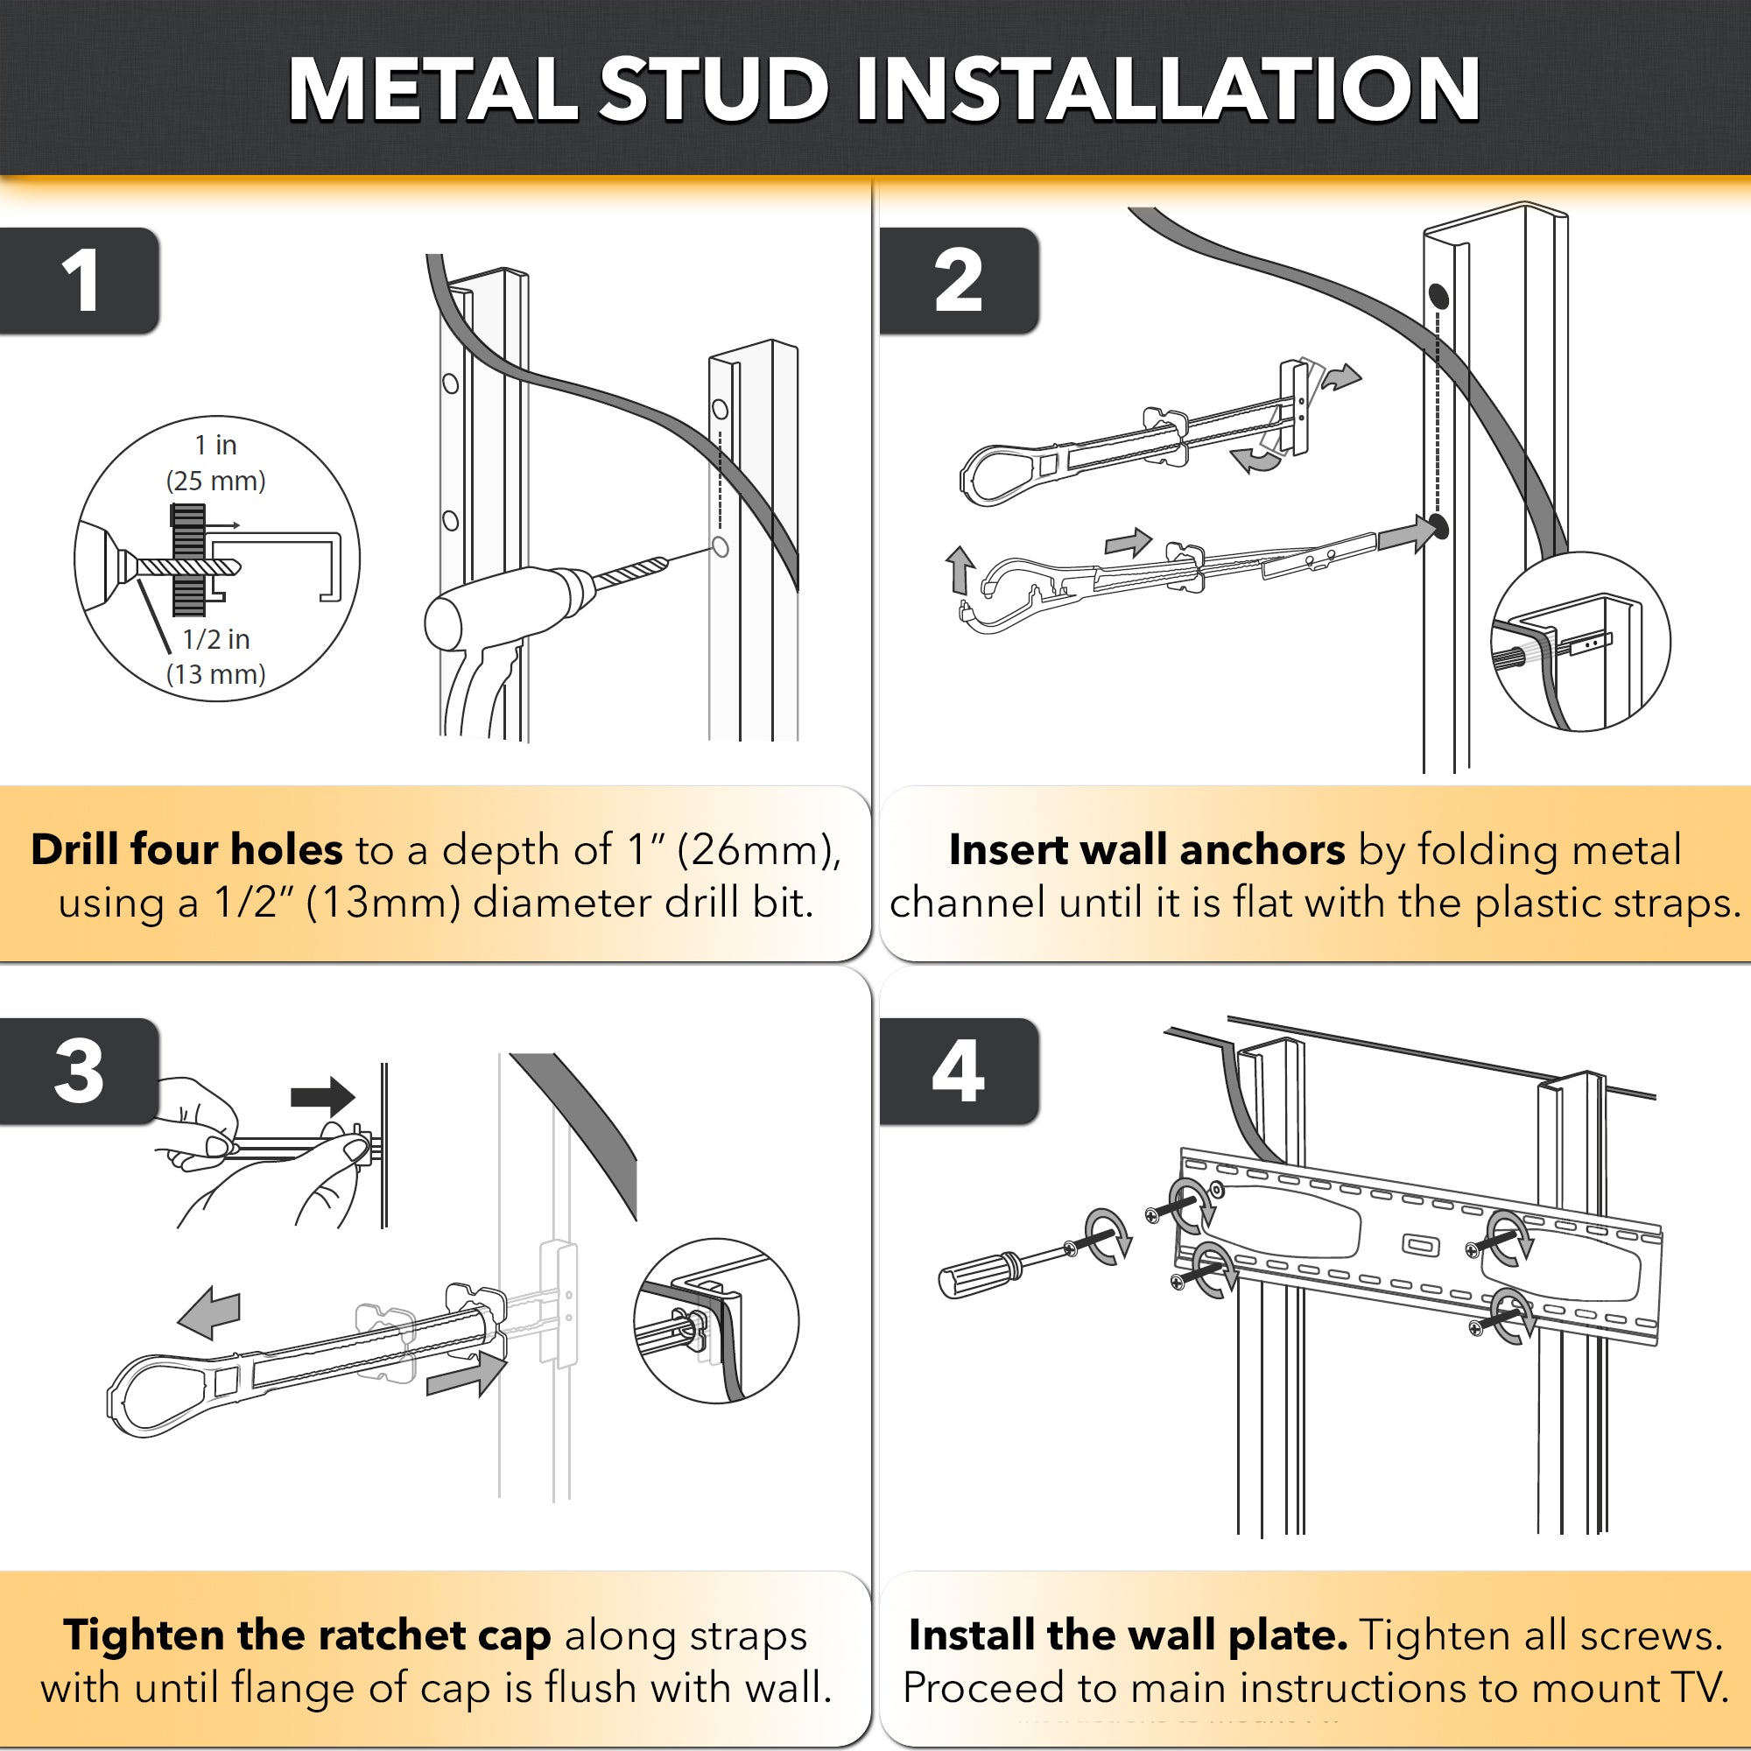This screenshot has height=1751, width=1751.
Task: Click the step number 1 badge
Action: pos(80,280)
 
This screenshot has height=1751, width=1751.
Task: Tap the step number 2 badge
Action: pos(958,280)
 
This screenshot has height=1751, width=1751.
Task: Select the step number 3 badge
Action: pos(80,1072)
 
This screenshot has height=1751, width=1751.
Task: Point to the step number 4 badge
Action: pos(958,1072)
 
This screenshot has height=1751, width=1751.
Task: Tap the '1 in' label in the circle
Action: pos(215,445)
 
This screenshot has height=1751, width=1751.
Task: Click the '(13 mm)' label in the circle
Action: pos(215,674)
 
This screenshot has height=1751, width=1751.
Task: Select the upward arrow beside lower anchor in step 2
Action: pos(959,568)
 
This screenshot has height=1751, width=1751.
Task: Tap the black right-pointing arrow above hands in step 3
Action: pos(324,1097)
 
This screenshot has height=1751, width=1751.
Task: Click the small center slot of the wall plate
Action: pos(1420,1245)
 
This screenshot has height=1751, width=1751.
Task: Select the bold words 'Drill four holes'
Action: pos(186,850)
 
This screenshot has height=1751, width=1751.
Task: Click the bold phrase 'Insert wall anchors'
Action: pos(1147,850)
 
